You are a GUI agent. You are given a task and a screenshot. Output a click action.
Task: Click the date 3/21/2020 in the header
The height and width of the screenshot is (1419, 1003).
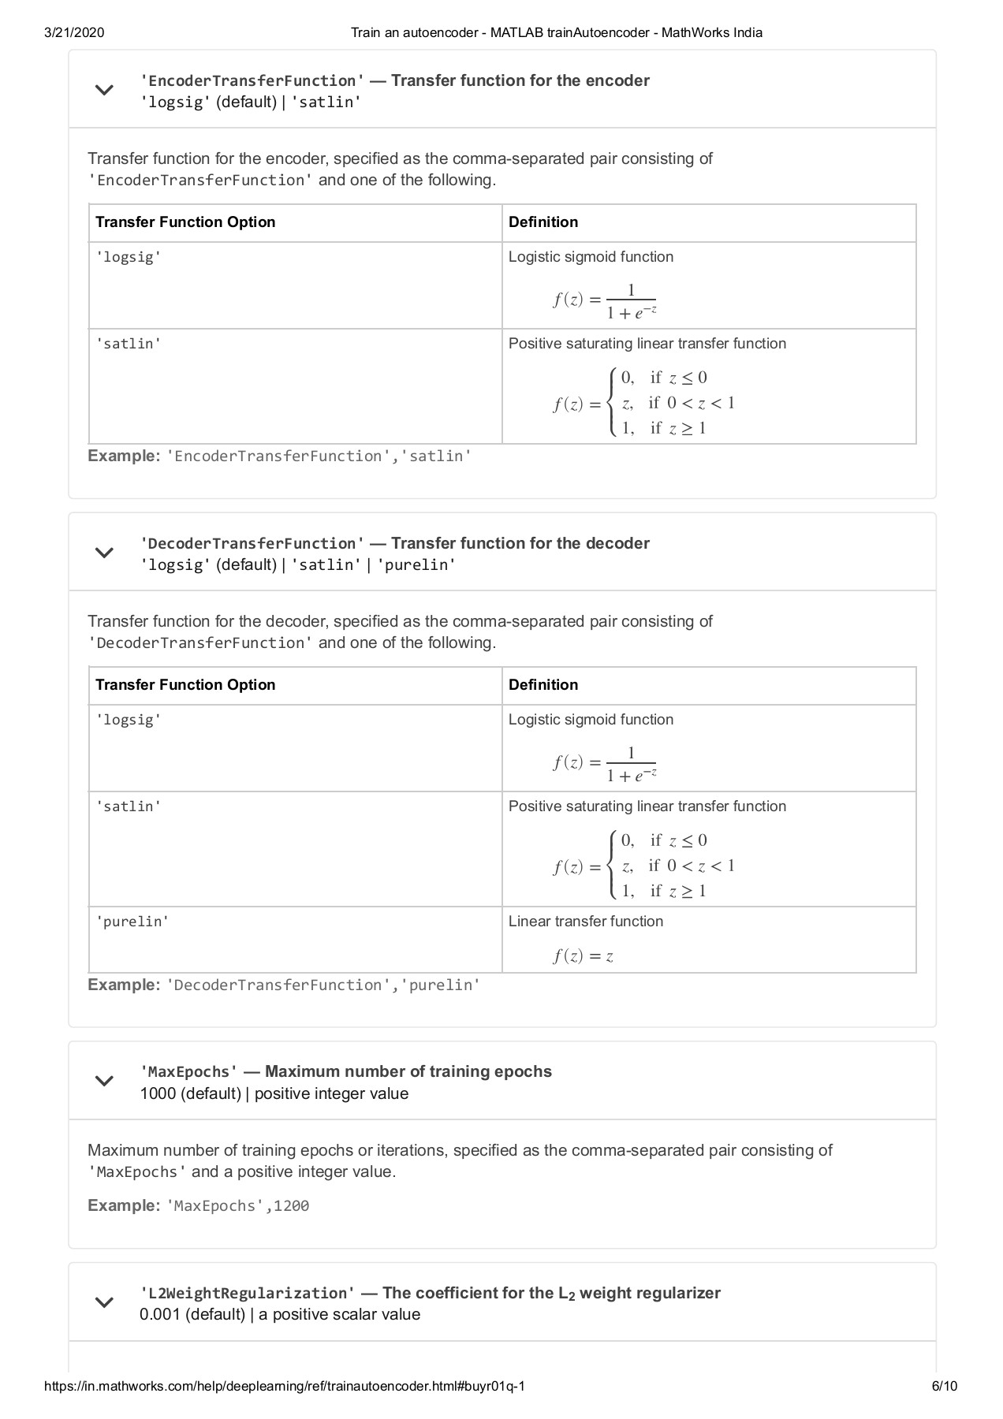[x=74, y=32]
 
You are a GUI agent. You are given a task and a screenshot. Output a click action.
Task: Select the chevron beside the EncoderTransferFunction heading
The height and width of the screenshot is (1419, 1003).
[x=104, y=90]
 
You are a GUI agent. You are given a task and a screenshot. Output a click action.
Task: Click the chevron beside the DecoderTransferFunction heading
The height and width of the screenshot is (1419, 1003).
[x=104, y=553]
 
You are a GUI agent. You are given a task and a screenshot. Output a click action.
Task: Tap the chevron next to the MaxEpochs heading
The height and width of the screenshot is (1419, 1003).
[x=104, y=1081]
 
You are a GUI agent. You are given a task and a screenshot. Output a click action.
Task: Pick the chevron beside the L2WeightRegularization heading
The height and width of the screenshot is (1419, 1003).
[x=104, y=1302]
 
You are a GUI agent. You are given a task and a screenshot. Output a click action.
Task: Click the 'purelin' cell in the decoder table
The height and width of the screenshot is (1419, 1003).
[x=132, y=922]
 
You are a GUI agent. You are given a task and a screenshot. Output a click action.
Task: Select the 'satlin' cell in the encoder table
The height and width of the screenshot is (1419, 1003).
[x=129, y=344]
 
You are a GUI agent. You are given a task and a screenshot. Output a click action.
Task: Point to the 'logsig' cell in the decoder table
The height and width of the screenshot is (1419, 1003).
[x=129, y=720]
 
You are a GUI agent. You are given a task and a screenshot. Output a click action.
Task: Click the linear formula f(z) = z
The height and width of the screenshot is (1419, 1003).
[x=583, y=956]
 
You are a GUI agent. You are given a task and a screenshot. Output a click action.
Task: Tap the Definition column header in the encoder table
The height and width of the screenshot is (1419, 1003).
[x=543, y=222]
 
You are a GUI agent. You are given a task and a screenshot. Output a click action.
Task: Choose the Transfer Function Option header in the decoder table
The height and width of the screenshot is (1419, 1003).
[x=185, y=685]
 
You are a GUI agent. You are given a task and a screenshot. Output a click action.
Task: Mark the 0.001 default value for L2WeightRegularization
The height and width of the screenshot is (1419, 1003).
[x=160, y=1314]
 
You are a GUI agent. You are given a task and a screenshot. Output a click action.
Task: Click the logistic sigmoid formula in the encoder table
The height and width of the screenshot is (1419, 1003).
[x=605, y=300]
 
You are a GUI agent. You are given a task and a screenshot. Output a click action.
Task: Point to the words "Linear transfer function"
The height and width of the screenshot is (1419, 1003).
[x=585, y=922]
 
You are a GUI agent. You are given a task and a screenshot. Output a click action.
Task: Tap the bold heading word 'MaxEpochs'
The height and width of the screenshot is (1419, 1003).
[x=189, y=1072]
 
